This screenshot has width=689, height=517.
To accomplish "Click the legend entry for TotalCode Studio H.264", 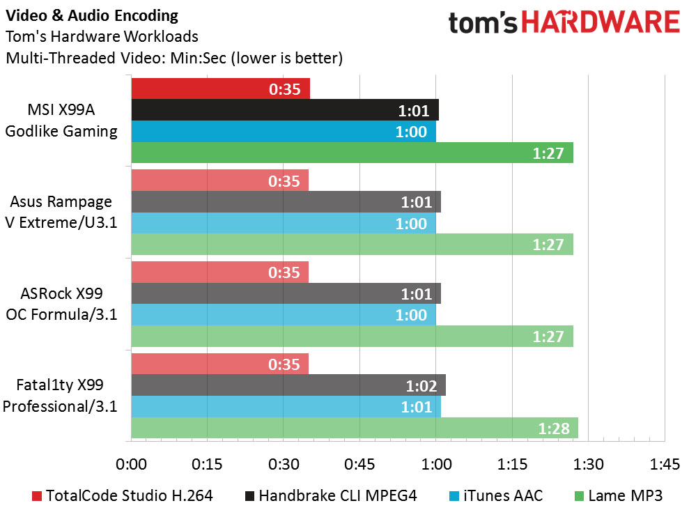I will click(122, 495).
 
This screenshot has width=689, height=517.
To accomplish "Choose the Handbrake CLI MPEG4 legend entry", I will click(331, 495).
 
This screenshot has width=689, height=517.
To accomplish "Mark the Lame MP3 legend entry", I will click(617, 495).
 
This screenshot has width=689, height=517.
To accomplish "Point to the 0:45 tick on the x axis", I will click(359, 463).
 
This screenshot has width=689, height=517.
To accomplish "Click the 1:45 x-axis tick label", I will click(664, 463).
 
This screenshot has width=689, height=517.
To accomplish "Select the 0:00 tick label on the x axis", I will click(131, 463).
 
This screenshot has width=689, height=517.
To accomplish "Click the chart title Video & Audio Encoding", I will click(91, 15).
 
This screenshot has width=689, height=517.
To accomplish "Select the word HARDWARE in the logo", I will click(601, 24).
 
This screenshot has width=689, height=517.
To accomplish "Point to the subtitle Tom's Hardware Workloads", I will click(102, 36).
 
